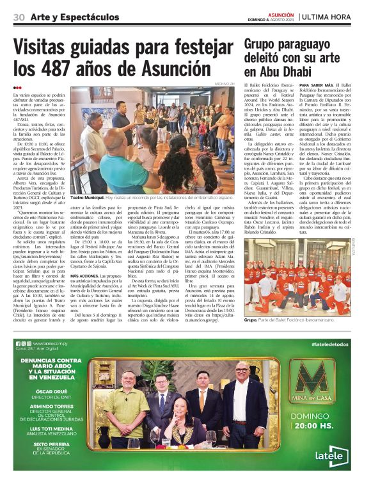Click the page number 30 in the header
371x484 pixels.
(x=19, y=16)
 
